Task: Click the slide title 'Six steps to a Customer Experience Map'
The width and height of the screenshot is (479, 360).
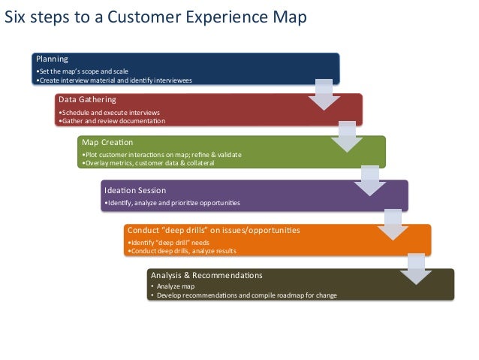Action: click(156, 18)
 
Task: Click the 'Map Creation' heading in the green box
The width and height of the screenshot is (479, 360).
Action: click(107, 142)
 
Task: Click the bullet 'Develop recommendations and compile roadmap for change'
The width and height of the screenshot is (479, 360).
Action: click(244, 295)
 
